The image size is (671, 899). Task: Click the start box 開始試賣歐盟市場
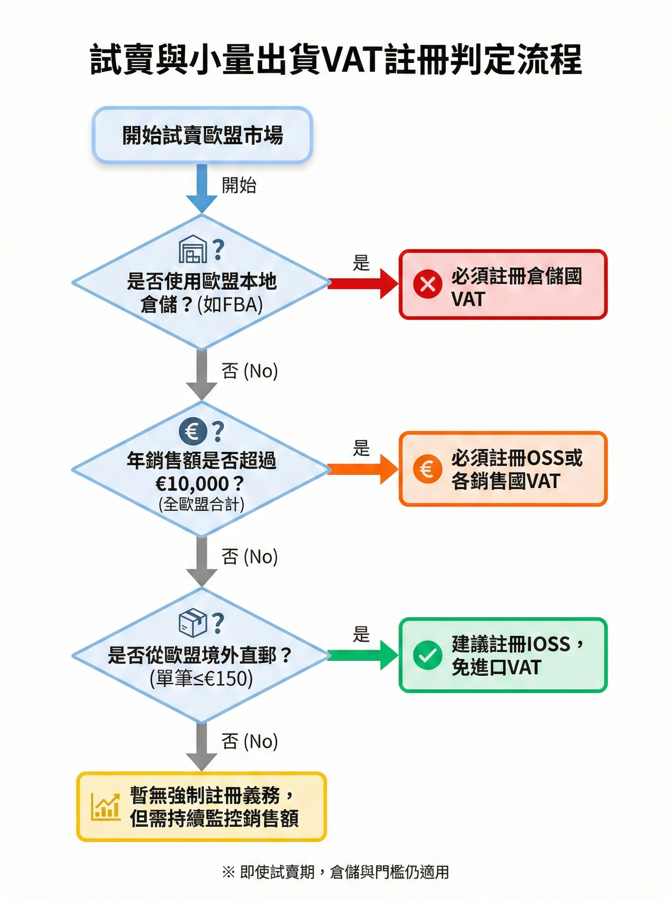pyautogui.click(x=202, y=135)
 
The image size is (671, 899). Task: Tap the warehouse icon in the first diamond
pyautogui.click(x=192, y=249)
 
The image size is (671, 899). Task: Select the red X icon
pyautogui.click(x=427, y=284)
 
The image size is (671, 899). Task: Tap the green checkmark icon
pyautogui.click(x=427, y=655)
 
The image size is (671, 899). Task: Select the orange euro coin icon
pyautogui.click(x=427, y=469)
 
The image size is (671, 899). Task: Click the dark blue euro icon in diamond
pyautogui.click(x=192, y=432)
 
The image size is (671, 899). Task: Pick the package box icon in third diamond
pyautogui.click(x=192, y=623)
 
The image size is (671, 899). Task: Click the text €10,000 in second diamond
pyautogui.click(x=192, y=484)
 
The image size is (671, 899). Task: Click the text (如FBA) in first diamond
pyautogui.click(x=230, y=305)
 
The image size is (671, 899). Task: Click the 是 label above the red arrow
pyautogui.click(x=361, y=263)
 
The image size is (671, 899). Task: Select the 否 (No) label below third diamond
pyautogui.click(x=249, y=741)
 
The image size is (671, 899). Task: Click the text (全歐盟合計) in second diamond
pyautogui.click(x=201, y=505)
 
